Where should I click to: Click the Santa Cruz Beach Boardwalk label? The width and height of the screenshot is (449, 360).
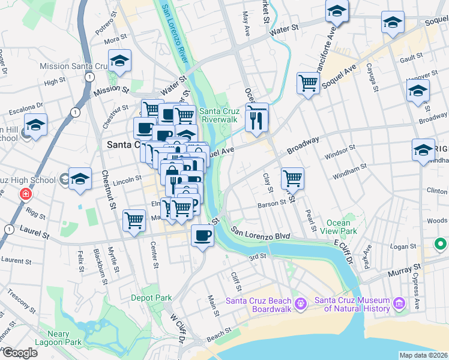click(259, 305)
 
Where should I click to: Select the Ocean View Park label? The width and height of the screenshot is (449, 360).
click(339, 227)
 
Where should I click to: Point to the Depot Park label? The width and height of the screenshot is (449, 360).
click(152, 298)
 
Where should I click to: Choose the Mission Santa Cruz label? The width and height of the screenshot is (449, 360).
click(71, 66)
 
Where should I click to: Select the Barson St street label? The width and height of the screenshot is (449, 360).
click(271, 203)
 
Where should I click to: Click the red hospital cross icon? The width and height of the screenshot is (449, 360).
click(25, 194)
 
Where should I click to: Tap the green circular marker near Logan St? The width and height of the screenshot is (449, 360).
click(441, 244)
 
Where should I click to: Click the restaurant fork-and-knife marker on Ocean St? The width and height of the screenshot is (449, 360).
click(256, 118)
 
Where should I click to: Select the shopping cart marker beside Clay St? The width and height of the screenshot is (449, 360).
click(292, 178)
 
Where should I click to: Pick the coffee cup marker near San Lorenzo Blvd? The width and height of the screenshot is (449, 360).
click(202, 235)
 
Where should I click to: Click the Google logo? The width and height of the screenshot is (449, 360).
click(19, 353)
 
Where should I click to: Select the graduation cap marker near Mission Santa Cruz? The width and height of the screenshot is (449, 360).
click(120, 61)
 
